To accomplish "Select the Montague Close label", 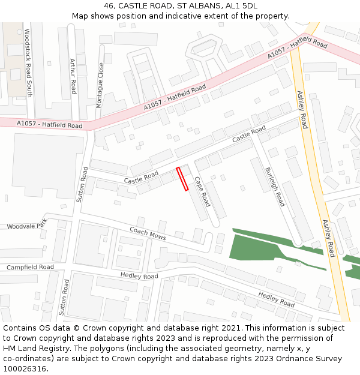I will [x=100, y=86].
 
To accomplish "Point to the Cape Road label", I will [x=202, y=191].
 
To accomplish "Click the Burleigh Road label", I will [x=275, y=187].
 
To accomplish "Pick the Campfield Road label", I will [x=30, y=267].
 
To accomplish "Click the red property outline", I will [x=182, y=179].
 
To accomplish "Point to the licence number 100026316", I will [x=25, y=368].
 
